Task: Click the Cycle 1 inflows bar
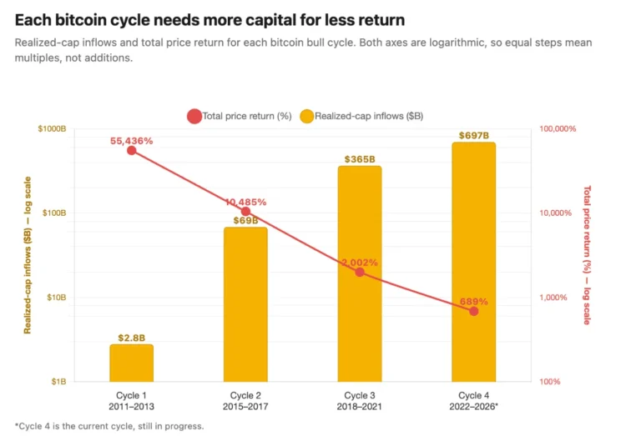[x=131, y=363]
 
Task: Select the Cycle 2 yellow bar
[x=245, y=304]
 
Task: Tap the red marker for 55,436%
[x=131, y=150]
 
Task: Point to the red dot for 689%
[x=474, y=312]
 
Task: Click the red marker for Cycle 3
[x=360, y=272]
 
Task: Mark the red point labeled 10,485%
[x=246, y=212]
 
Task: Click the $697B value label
[x=474, y=136]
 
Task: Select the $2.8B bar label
[x=131, y=338]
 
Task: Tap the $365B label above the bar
[x=360, y=159]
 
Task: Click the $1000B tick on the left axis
[x=52, y=128]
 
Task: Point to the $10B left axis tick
[x=56, y=297]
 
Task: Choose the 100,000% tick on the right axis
[x=558, y=128]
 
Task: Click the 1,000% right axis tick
[x=553, y=297]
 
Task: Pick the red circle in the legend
[x=194, y=116]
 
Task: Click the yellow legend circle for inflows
[x=306, y=116]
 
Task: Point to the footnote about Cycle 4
[x=109, y=426]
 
